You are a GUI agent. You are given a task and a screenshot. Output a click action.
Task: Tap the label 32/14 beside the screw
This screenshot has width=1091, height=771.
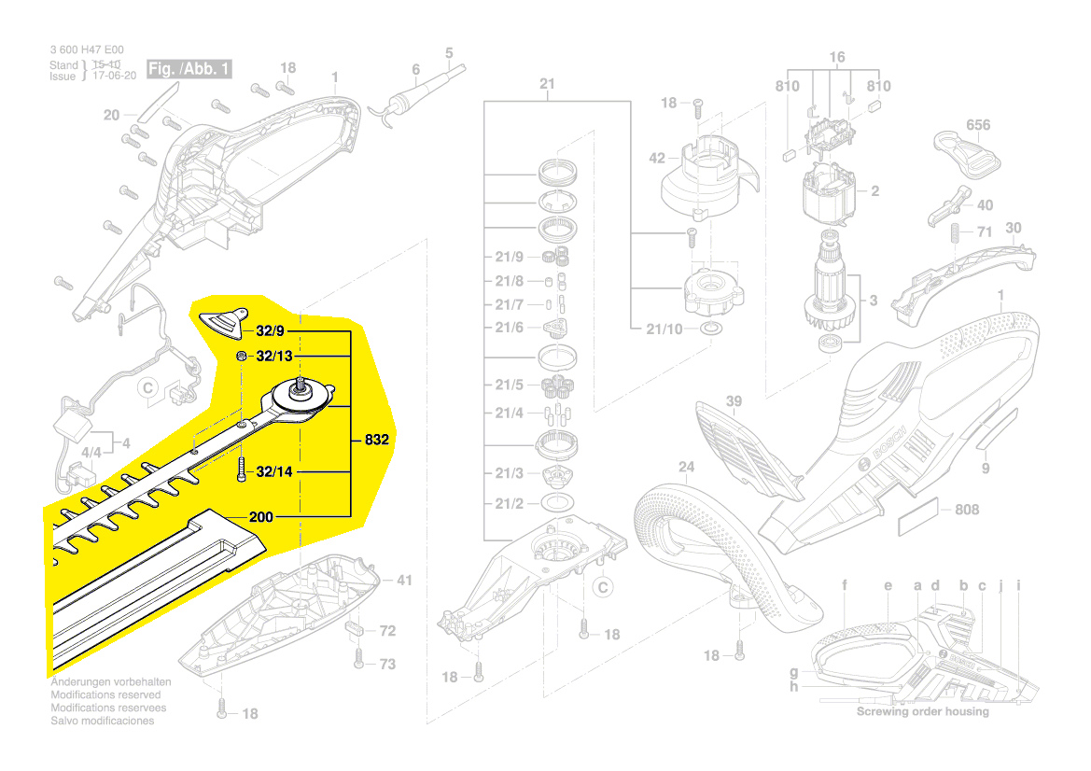coord(274,472)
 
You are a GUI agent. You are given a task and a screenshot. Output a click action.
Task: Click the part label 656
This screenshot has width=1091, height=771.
coord(978,124)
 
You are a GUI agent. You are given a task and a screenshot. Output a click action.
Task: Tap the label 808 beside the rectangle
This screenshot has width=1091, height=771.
coord(967,511)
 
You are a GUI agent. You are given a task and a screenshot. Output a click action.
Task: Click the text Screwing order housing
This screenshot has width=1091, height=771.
coord(923,711)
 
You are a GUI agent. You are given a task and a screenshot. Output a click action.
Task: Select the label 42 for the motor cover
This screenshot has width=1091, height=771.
coord(657,159)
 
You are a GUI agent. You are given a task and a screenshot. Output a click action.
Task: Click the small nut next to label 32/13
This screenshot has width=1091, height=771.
coord(240,357)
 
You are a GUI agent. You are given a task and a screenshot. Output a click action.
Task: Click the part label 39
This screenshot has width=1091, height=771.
coord(734,401)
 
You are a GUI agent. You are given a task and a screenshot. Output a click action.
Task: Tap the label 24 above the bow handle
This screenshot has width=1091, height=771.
coord(687,466)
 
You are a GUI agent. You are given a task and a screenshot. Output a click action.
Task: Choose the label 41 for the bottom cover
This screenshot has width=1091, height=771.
coord(403,581)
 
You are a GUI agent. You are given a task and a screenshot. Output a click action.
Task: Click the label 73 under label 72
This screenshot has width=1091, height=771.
coord(386,665)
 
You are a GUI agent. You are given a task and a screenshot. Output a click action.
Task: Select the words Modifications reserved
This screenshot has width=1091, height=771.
coord(105,694)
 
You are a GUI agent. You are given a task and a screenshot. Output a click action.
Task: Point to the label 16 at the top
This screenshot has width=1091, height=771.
coord(837,58)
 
